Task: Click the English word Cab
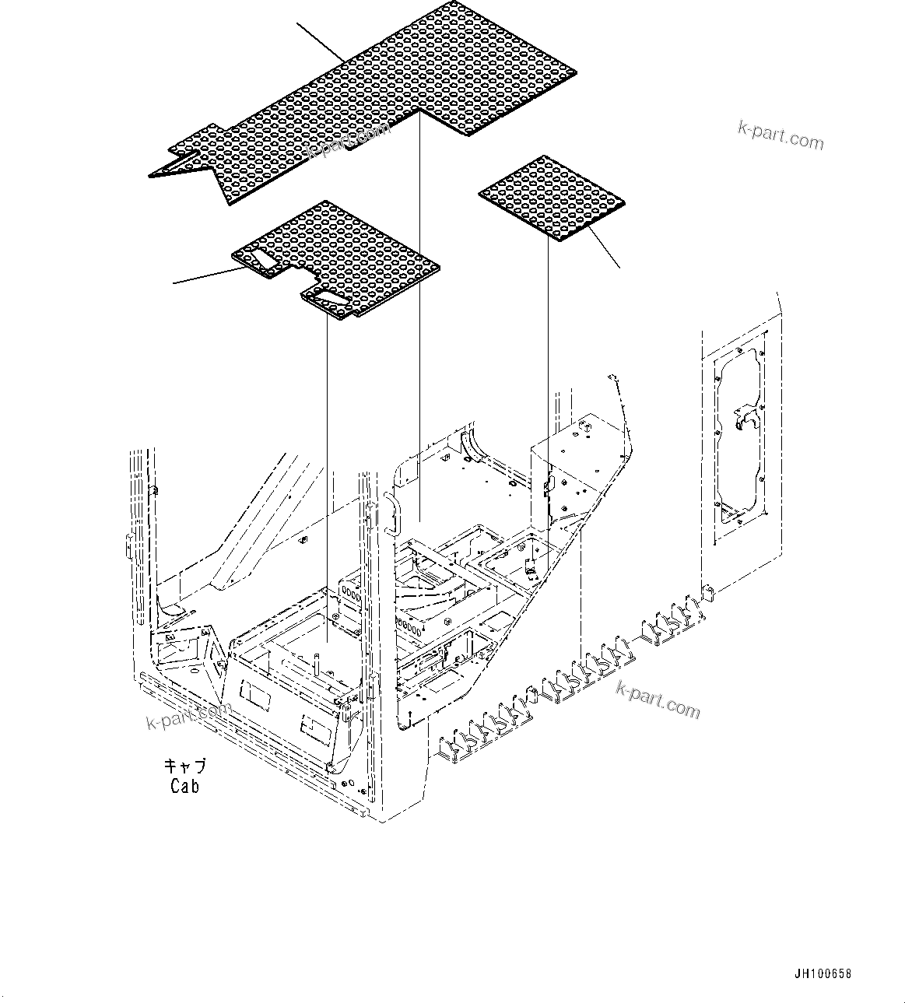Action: click(x=184, y=786)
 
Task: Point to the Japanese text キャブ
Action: click(x=184, y=766)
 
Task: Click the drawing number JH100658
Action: click(x=823, y=973)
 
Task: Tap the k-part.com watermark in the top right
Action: click(x=780, y=136)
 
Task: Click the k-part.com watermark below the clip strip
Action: click(x=658, y=697)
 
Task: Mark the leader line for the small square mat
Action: click(x=604, y=249)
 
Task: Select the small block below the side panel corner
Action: click(x=709, y=593)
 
